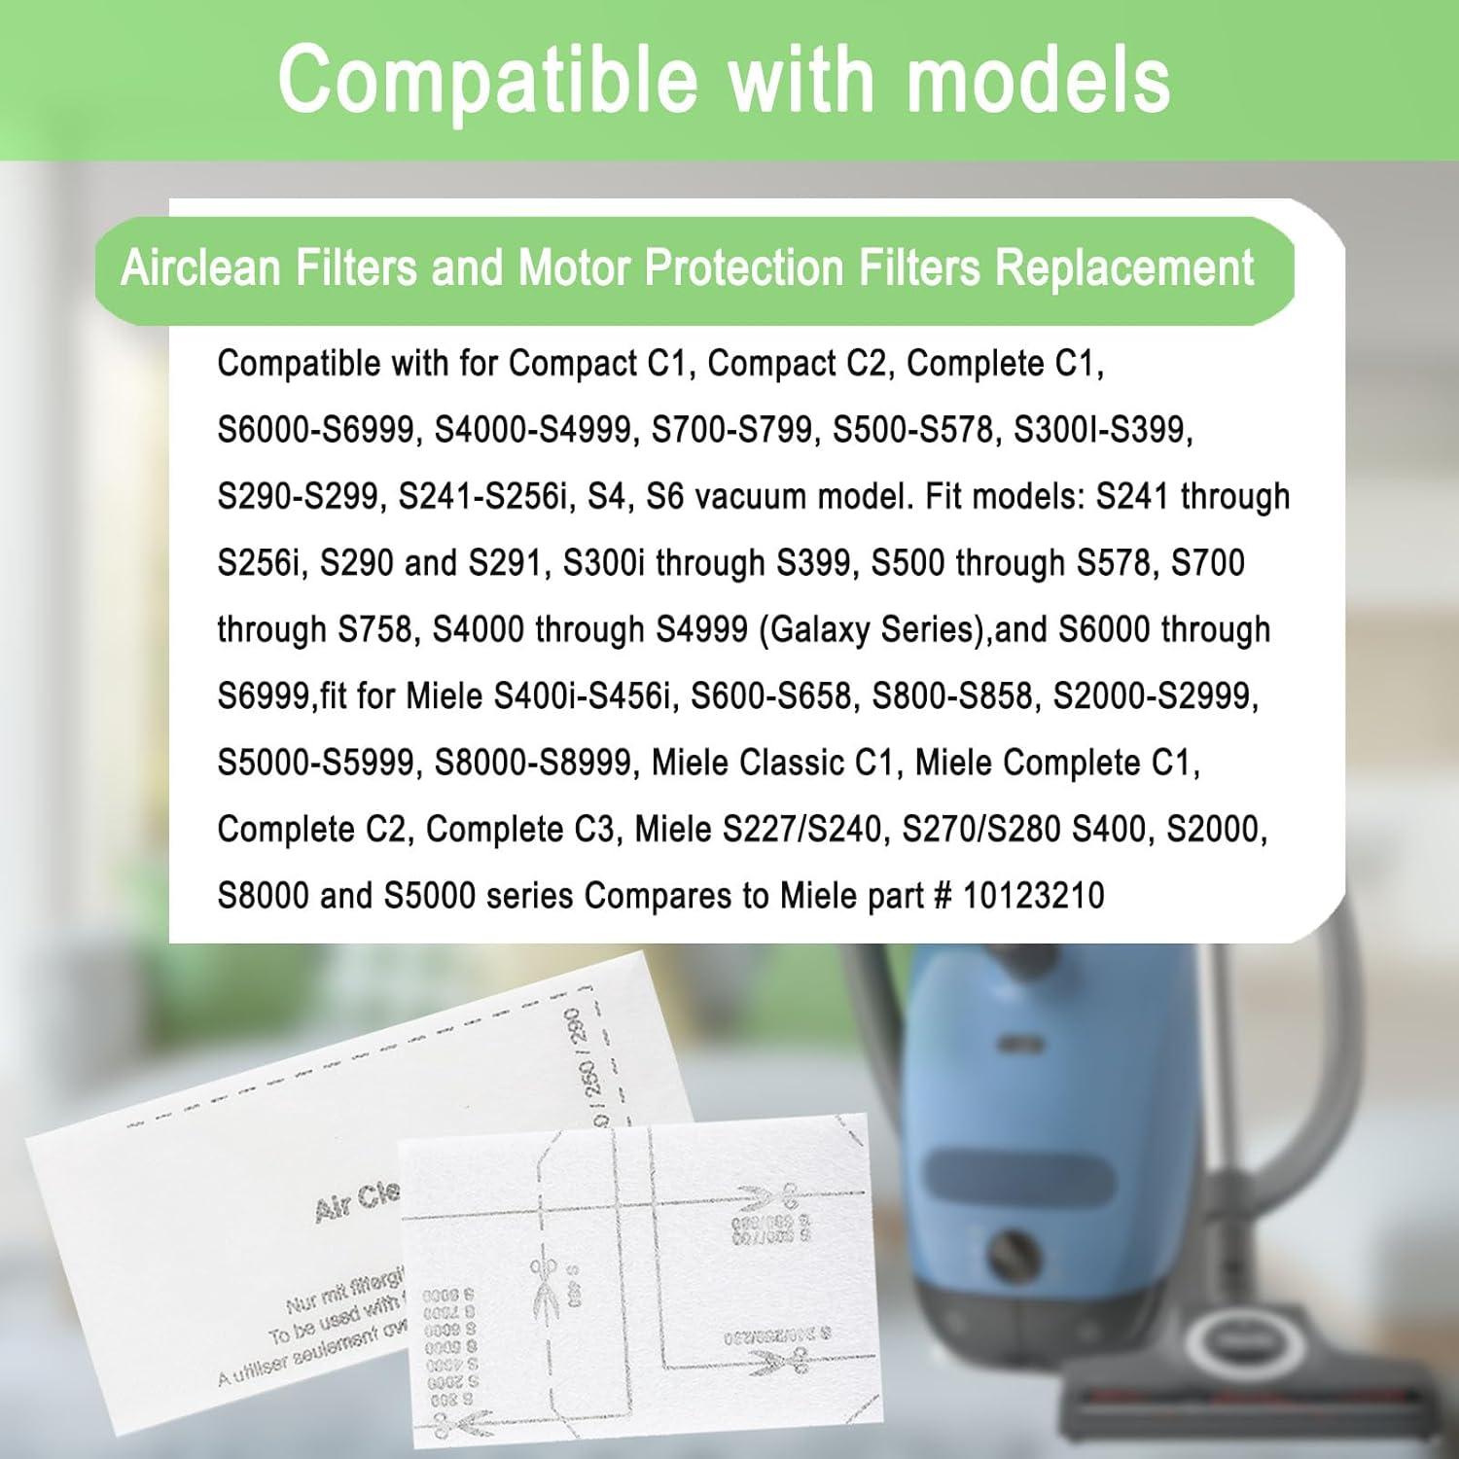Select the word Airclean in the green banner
pos(201,267)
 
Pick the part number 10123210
pos(1033,895)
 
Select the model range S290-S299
pos(298,496)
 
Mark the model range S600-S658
pos(771,696)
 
